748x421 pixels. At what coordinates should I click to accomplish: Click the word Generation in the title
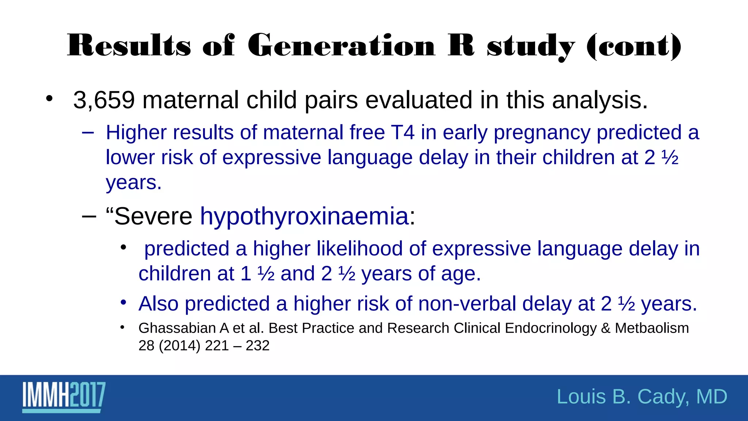[341, 46]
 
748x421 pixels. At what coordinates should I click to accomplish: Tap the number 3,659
[104, 100]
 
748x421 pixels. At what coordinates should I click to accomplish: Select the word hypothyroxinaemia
[304, 216]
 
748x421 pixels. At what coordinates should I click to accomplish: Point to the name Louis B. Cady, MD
[642, 397]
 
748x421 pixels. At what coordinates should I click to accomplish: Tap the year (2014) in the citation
[179, 346]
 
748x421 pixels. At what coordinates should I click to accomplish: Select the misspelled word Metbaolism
[652, 328]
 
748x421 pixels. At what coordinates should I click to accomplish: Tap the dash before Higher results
[88, 133]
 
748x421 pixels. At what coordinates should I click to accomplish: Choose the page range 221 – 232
[237, 346]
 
